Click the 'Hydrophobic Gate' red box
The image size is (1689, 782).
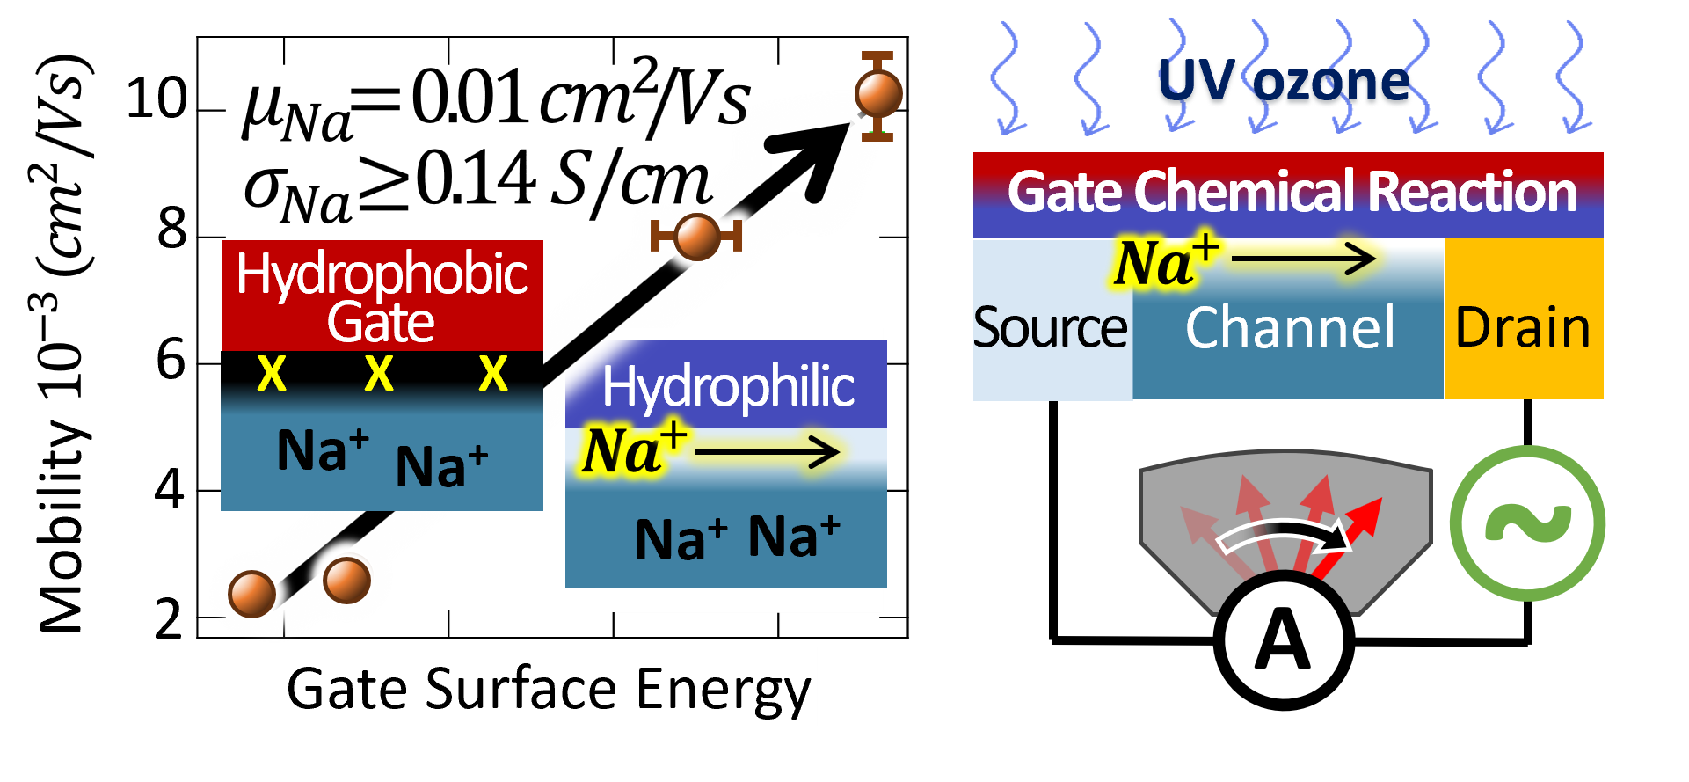[382, 296]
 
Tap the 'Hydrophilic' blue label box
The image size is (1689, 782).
[726, 385]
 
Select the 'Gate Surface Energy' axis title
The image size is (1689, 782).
[550, 687]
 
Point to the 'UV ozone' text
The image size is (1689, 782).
[1284, 83]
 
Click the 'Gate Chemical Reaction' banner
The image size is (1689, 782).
[1289, 193]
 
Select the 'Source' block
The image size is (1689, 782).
[1051, 328]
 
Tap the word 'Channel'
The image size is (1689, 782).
[1290, 328]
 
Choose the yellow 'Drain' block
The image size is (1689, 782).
[1523, 326]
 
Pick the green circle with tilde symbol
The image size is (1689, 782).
[1527, 523]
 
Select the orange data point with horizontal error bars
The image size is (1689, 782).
[696, 237]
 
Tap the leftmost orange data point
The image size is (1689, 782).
[252, 593]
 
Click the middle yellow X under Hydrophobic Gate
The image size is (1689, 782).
[379, 375]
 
